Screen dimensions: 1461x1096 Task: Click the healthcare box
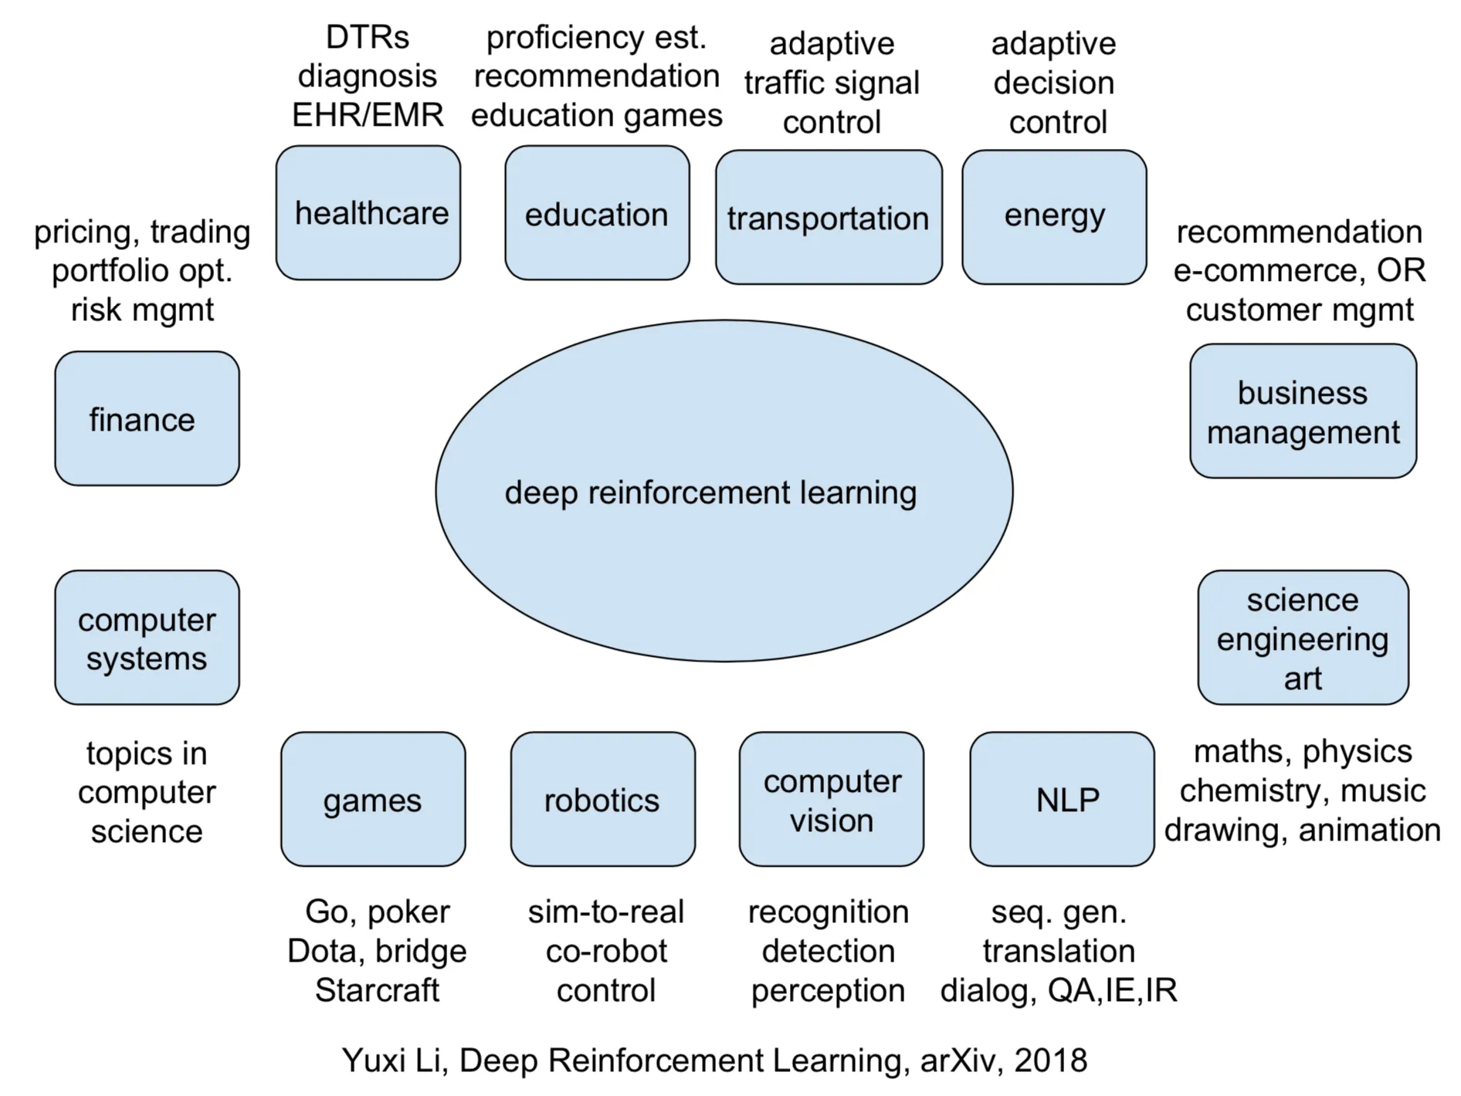(368, 213)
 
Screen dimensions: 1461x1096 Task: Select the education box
(597, 213)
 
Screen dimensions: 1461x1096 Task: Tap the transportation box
(829, 218)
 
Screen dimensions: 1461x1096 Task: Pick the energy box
(1054, 218)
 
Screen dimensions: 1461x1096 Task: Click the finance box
(147, 418)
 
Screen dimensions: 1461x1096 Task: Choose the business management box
(1303, 411)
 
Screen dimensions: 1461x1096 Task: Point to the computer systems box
(147, 638)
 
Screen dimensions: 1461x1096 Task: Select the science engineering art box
(1303, 638)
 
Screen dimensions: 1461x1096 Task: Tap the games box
(373, 799)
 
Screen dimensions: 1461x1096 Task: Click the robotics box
(602, 799)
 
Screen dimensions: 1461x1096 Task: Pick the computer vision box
(831, 799)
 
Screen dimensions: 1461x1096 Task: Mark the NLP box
(1062, 799)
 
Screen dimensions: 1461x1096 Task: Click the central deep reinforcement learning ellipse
(724, 491)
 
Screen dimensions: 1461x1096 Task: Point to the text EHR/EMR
(368, 115)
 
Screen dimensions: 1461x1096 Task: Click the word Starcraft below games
(377, 990)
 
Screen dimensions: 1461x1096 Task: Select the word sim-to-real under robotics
(606, 912)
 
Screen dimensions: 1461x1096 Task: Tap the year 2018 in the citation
(1050, 1060)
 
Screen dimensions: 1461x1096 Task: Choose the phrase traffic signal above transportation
(832, 83)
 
